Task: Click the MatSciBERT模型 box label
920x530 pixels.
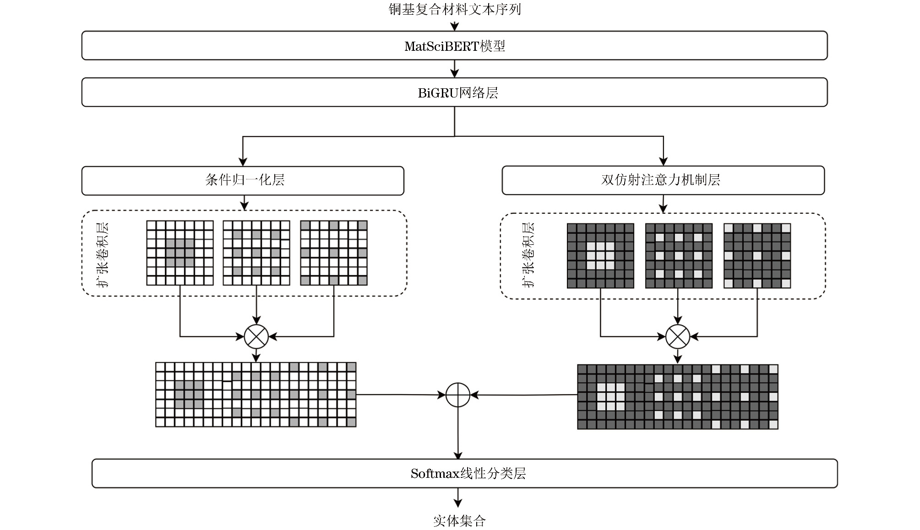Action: tap(454, 46)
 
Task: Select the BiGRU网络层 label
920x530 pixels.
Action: tap(457, 93)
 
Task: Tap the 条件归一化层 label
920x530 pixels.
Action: tap(245, 180)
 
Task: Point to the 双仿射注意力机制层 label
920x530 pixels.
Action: tap(660, 180)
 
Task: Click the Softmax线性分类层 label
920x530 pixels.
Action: tap(468, 473)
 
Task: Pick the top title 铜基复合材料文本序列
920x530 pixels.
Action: tap(454, 9)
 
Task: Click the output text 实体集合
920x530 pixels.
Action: tap(459, 520)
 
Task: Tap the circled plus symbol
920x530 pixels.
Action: tap(458, 395)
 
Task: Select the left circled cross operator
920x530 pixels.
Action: tap(256, 336)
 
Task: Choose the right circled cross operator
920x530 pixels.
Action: tap(677, 336)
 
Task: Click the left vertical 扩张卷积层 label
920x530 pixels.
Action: tap(103, 254)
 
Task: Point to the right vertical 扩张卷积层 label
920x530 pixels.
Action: tap(528, 254)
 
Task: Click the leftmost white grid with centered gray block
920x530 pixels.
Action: tap(180, 253)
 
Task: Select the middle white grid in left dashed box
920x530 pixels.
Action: tap(256, 253)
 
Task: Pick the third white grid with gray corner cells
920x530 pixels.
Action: tap(334, 253)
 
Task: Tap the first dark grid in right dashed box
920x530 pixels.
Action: tap(600, 255)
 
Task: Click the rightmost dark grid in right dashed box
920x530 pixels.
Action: tap(757, 255)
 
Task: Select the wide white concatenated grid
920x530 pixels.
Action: tap(256, 395)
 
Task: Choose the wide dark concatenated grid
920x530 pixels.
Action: tap(677, 396)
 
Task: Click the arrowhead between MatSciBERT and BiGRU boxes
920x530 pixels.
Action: tap(454, 73)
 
